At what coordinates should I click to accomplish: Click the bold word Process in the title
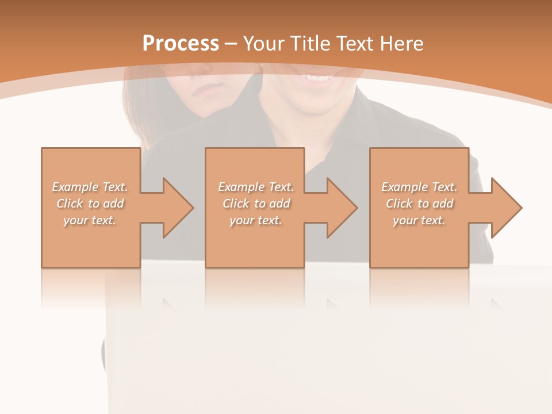181,44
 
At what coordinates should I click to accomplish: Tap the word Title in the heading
312,44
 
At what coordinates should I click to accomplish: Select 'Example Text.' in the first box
90,187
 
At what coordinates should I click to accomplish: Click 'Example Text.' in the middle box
256,187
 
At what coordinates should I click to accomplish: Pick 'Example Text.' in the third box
419,187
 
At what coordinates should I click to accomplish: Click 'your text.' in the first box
90,220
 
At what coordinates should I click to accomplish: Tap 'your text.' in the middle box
256,220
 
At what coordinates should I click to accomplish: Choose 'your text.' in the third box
419,220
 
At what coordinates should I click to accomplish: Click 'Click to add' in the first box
90,204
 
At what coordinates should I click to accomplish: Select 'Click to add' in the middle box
256,204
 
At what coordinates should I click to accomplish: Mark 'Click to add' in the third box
419,204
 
